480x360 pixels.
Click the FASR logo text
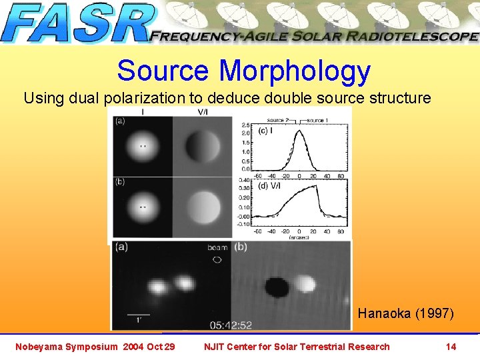click(77, 23)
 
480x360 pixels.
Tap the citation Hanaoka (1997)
click(406, 313)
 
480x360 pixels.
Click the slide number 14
click(451, 347)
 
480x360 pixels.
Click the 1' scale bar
click(139, 313)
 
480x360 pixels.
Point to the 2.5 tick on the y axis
click(246, 125)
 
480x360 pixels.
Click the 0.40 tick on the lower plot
click(245, 180)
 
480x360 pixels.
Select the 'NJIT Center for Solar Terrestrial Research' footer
click(297, 347)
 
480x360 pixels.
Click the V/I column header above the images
click(203, 113)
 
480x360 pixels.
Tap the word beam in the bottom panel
click(217, 247)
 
